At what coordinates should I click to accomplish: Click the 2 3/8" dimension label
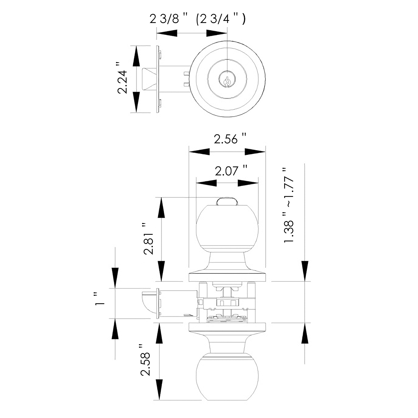(168, 19)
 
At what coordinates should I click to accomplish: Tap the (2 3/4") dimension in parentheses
(220, 19)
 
